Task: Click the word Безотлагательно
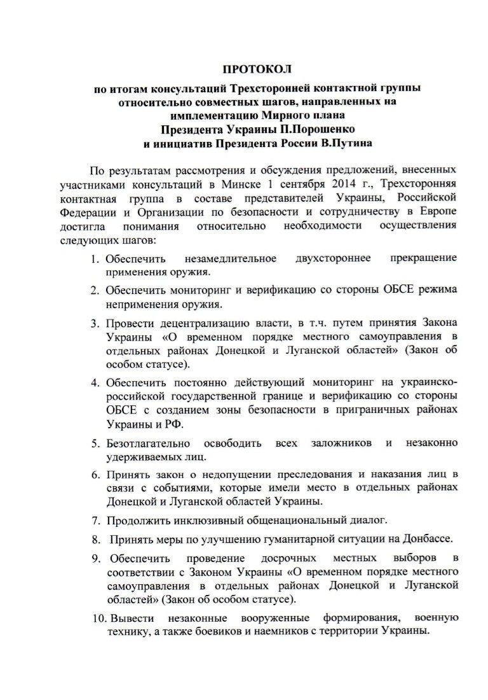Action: (149, 443)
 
